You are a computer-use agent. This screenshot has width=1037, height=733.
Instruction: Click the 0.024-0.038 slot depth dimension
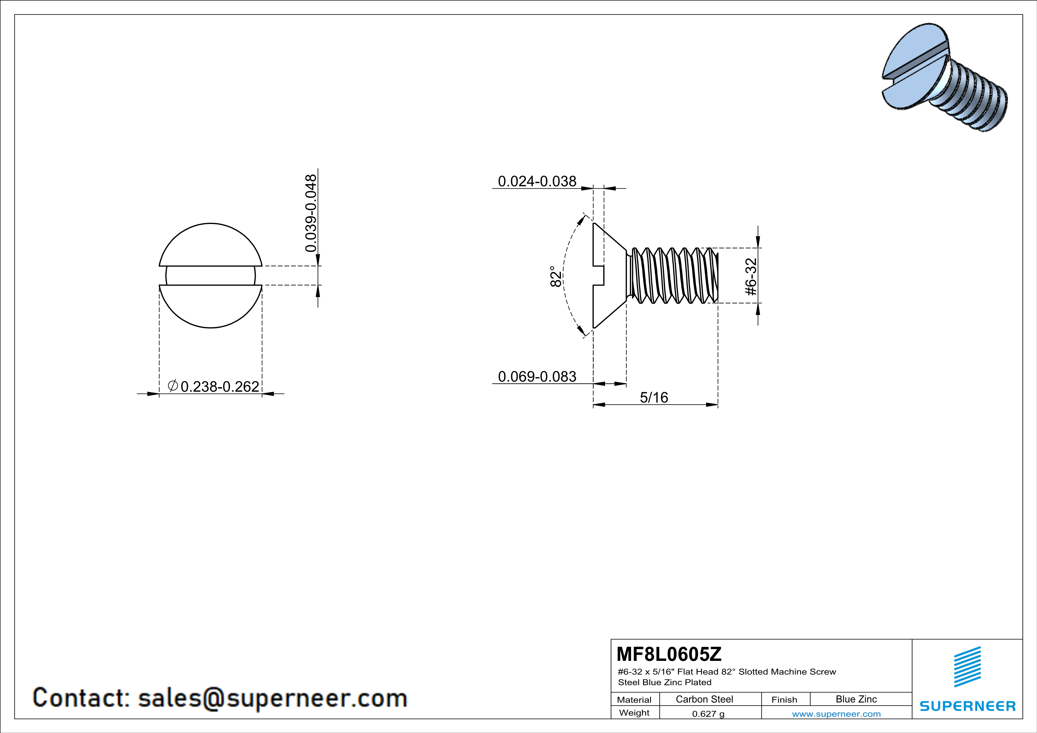point(537,181)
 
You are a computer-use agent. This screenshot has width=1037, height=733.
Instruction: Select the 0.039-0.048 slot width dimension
point(311,213)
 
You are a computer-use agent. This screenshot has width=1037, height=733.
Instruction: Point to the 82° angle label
point(556,276)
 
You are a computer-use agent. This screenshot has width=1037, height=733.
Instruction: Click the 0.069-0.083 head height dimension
point(537,377)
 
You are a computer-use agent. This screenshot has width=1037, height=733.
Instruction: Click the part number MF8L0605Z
point(669,653)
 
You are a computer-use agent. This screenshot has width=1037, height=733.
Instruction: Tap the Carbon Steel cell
point(704,699)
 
